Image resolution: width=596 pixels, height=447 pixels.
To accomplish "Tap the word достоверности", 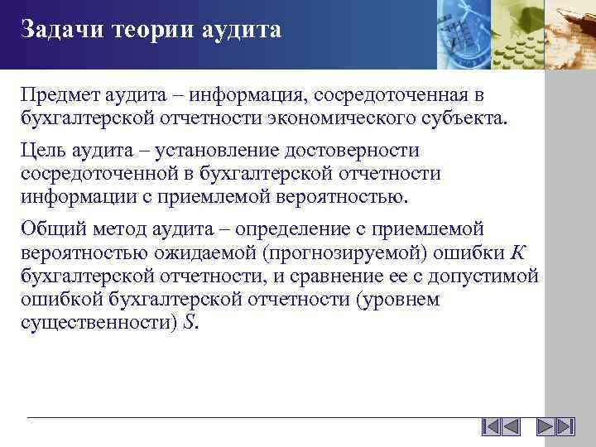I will pyautogui.click(x=361, y=151).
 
